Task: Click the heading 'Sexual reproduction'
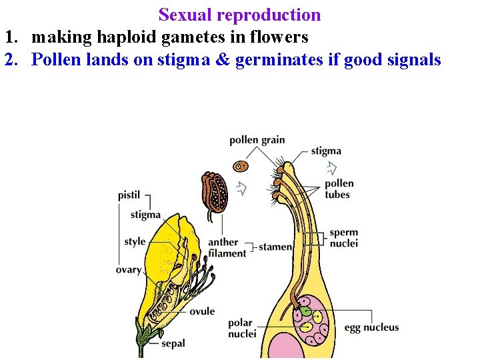[239, 15]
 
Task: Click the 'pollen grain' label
[257, 140]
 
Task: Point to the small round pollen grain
[241, 165]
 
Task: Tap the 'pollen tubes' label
[339, 189]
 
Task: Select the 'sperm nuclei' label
[343, 238]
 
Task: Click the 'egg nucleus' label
[371, 327]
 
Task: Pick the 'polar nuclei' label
[241, 328]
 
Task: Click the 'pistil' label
[129, 195]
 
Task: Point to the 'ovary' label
[128, 269]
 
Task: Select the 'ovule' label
[201, 311]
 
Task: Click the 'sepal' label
[173, 343]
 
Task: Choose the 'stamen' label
[275, 247]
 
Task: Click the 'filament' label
[227, 253]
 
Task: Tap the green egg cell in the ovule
[305, 310]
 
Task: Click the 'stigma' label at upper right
[326, 151]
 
